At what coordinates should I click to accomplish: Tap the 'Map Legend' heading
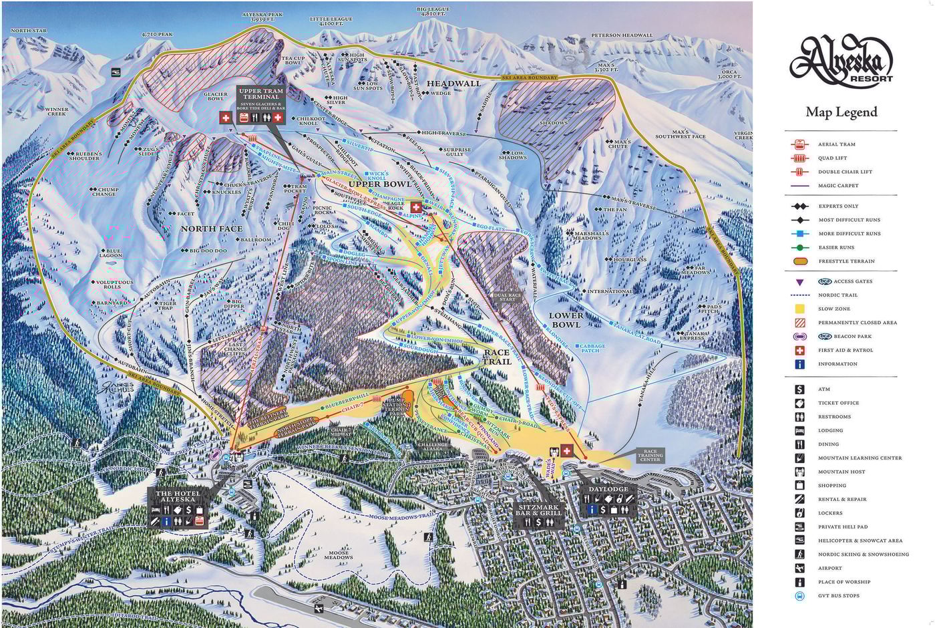841,112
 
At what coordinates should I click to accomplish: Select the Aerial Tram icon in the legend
799,144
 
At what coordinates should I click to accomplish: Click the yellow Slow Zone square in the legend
799,309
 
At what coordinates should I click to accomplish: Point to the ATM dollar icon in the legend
799,389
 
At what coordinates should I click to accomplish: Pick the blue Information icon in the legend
799,364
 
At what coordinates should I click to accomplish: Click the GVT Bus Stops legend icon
799,595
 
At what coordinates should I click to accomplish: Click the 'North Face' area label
212,228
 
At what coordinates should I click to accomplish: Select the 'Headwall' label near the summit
453,84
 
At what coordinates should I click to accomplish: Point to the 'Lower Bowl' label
566,319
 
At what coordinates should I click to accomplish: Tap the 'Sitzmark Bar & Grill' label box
539,510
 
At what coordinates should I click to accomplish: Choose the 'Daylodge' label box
608,490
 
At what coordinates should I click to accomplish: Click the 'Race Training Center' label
650,456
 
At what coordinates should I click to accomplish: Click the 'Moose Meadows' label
338,555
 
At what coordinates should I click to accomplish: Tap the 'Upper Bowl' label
380,184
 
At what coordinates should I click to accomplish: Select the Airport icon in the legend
799,568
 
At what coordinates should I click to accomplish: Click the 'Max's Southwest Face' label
680,134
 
